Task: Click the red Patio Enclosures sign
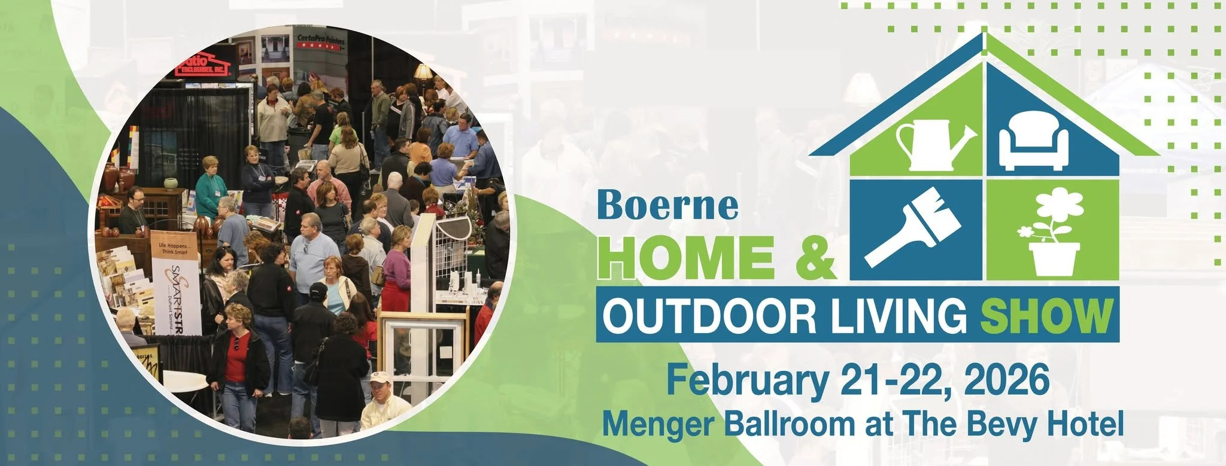[205, 64]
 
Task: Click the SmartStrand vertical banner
[175, 281]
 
